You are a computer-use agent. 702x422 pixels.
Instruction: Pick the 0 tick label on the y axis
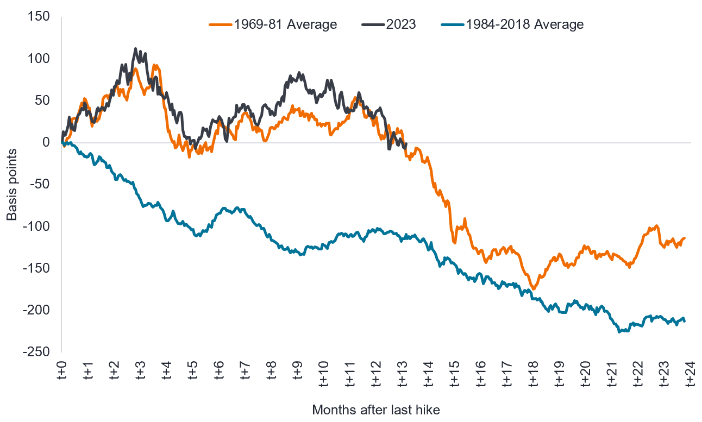pyautogui.click(x=46, y=143)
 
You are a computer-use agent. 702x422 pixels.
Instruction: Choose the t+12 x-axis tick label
pyautogui.click(x=377, y=375)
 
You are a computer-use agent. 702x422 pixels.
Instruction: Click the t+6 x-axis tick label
pyautogui.click(x=219, y=375)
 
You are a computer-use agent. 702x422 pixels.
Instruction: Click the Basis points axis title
pyautogui.click(x=11, y=185)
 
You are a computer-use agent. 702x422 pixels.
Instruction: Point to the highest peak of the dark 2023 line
pyautogui.click(x=135, y=49)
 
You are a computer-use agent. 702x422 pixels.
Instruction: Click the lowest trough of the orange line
pyautogui.click(x=533, y=289)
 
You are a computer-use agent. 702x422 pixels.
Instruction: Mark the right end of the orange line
pyautogui.click(x=685, y=238)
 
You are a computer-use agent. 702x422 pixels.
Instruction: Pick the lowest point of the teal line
pyautogui.click(x=620, y=332)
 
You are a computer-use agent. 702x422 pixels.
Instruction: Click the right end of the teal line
pyautogui.click(x=685, y=321)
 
